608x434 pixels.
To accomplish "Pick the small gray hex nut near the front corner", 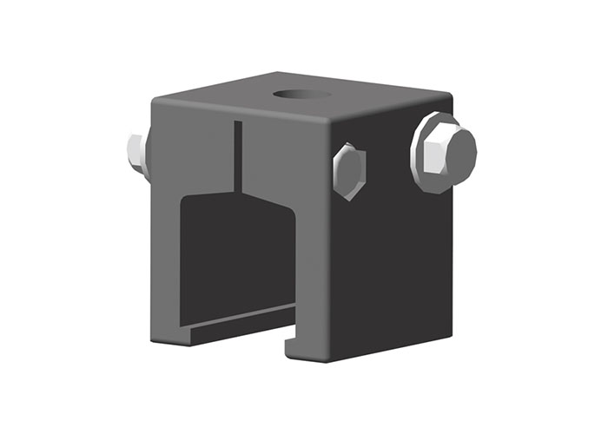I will coord(348,170).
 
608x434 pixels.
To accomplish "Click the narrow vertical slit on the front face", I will coord(236,156).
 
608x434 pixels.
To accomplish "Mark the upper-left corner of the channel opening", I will coord(182,201).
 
